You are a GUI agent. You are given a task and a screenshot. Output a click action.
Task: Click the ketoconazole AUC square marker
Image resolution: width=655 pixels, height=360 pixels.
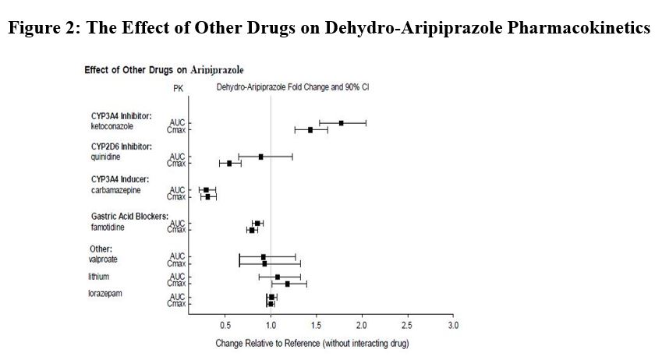pyautogui.click(x=341, y=123)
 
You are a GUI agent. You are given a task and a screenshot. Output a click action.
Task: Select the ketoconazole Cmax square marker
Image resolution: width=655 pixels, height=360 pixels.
pyautogui.click(x=310, y=130)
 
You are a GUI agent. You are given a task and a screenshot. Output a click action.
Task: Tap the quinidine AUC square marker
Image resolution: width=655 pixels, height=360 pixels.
pyautogui.click(x=261, y=157)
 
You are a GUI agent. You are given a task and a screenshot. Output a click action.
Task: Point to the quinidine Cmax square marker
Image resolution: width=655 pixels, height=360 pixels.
pyautogui.click(x=229, y=164)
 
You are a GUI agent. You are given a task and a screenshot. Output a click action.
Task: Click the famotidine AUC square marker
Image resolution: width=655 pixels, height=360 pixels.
pyautogui.click(x=257, y=224)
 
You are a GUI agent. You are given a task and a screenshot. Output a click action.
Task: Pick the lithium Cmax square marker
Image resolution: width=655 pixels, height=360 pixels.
pyautogui.click(x=288, y=284)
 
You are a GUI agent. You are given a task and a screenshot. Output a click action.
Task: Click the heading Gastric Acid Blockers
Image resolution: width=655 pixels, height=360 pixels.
pyautogui.click(x=129, y=216)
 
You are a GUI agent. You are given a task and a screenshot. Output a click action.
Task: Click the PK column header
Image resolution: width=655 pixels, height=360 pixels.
pyautogui.click(x=177, y=88)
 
